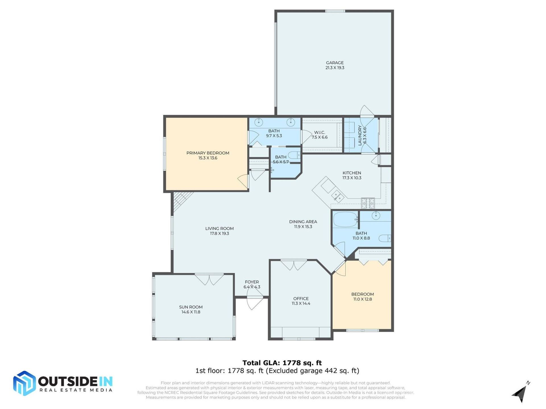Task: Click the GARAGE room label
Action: point(335,63)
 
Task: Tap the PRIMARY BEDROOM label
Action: point(208,153)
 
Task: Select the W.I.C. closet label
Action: point(319,132)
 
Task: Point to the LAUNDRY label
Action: point(360,135)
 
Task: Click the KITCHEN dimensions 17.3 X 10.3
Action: point(352,178)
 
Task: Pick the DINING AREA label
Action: point(303,222)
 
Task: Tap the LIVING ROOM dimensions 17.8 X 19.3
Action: point(219,233)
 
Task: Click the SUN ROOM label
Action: point(191,307)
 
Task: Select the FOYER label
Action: point(252,282)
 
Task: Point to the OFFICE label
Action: point(301,299)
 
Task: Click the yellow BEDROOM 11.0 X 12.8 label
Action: point(362,294)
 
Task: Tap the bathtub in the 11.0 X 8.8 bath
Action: point(345,220)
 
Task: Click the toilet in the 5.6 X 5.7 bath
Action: point(295,155)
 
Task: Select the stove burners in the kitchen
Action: point(368,203)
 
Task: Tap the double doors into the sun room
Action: point(209,279)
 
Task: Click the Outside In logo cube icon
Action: point(24,383)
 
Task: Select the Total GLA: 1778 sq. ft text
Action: point(282,363)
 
